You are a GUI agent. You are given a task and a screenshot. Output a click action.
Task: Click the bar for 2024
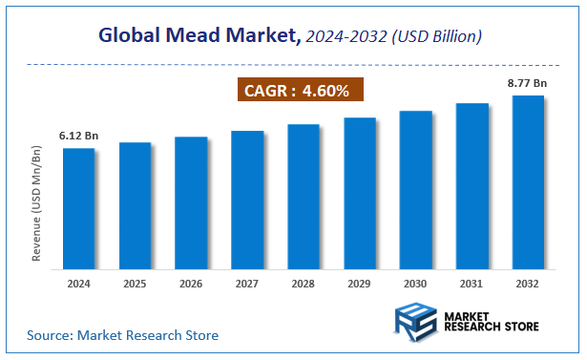pyautogui.click(x=79, y=207)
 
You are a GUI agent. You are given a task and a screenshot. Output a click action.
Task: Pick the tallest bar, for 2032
pyautogui.click(x=528, y=180)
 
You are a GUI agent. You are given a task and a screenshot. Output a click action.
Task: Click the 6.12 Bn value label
pyautogui.click(x=77, y=136)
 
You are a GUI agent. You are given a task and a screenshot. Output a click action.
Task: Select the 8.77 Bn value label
pyautogui.click(x=526, y=83)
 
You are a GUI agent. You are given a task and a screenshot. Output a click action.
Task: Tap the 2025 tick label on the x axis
pyautogui.click(x=136, y=284)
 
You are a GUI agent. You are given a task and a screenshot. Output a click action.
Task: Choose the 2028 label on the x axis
pyautogui.click(x=304, y=284)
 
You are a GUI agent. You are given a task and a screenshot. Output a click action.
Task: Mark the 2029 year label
pyautogui.click(x=360, y=284)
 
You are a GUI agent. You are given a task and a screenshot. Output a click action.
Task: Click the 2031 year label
pyautogui.click(x=472, y=284)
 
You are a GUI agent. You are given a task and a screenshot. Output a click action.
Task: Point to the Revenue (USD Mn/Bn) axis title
pyautogui.click(x=37, y=204)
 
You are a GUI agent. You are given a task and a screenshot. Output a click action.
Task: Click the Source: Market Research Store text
pyautogui.click(x=123, y=335)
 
